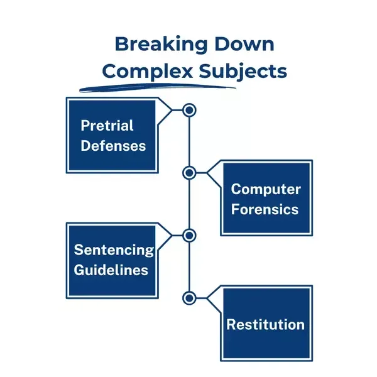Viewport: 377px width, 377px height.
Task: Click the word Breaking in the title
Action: (161, 45)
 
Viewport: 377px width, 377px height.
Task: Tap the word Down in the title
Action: (244, 44)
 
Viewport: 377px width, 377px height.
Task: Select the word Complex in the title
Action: (148, 72)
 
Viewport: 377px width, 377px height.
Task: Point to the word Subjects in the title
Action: (243, 72)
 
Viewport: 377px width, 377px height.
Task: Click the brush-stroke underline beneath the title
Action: (158, 87)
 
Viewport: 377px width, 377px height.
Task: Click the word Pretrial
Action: (107, 125)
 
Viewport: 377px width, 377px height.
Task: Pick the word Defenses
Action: (113, 146)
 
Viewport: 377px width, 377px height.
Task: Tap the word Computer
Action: (266, 190)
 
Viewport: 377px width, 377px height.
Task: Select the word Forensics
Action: (265, 209)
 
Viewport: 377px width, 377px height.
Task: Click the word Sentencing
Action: (114, 250)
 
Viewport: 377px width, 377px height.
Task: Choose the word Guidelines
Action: (111, 270)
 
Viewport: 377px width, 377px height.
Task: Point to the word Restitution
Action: (265, 324)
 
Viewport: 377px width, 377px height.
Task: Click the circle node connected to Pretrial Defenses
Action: (189, 110)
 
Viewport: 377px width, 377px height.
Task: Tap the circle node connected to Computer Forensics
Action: (189, 173)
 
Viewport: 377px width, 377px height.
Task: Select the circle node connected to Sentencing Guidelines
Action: (189, 236)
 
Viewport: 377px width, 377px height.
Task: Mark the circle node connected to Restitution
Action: (189, 298)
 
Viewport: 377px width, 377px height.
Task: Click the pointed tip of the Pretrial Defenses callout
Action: (172, 110)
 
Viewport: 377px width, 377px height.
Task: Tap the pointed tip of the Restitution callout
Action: (207, 298)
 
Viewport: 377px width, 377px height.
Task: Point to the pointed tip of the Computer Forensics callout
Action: (207, 173)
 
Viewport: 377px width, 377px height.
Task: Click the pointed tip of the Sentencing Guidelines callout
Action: (172, 236)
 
